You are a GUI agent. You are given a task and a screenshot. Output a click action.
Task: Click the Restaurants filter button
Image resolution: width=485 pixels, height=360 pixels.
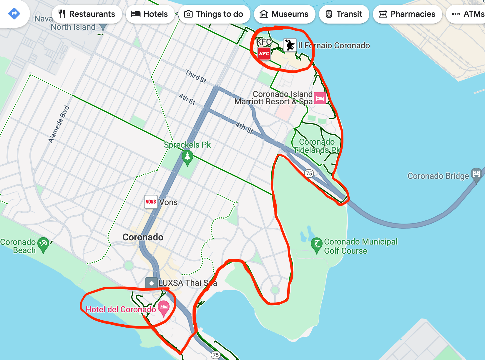tap(87, 14)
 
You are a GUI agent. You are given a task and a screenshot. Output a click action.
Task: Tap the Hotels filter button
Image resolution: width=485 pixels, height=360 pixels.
tap(150, 14)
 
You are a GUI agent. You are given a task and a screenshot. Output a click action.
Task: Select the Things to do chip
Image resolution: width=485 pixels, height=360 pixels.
tap(214, 14)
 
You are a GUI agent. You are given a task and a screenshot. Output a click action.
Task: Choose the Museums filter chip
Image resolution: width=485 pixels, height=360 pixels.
tap(284, 14)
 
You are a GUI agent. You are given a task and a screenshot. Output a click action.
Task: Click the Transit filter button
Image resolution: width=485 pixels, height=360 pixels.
tap(344, 14)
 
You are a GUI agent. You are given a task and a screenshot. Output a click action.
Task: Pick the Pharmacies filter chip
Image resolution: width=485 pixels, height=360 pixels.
tap(407, 14)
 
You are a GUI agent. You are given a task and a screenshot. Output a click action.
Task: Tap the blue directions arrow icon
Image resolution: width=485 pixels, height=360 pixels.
tap(14, 13)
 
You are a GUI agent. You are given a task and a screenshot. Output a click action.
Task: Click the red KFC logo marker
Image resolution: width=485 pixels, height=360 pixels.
tap(264, 54)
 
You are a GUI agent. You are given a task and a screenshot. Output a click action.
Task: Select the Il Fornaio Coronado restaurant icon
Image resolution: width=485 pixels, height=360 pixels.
tap(290, 45)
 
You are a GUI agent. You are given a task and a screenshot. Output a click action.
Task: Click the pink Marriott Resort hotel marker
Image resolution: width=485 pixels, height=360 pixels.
tap(320, 98)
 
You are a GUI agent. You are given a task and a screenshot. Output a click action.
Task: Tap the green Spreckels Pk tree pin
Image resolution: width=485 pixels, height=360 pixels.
tap(187, 157)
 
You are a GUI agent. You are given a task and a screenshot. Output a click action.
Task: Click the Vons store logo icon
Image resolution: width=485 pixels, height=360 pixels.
tap(151, 202)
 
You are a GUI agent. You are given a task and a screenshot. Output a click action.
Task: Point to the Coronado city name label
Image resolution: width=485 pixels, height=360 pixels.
tap(143, 237)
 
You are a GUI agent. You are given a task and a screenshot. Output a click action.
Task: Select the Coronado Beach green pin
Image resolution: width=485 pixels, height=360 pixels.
tap(44, 244)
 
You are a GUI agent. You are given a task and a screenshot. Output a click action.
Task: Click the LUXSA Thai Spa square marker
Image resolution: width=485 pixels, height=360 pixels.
tap(151, 283)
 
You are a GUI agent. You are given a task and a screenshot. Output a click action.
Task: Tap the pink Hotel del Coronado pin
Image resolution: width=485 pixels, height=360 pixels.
tap(164, 308)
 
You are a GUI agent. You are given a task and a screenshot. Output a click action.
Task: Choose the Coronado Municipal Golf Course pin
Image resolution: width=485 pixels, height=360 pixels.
tap(317, 245)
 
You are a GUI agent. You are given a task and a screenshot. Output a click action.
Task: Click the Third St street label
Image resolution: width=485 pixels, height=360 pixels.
tap(196, 76)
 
